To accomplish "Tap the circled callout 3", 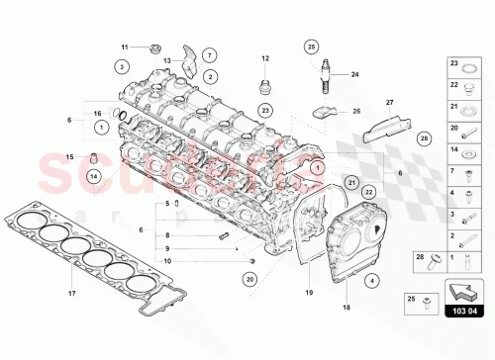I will [x=120, y=66].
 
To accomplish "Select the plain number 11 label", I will [x=125, y=47].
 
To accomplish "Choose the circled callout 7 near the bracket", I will [x=210, y=53].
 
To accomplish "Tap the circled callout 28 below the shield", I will [x=424, y=138].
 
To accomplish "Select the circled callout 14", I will [x=93, y=176].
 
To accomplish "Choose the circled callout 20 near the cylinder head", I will [x=248, y=280].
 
